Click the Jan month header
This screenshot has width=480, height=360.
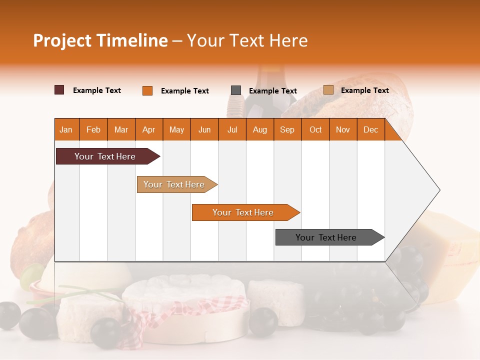(66, 129)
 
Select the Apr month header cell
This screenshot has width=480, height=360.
(149, 129)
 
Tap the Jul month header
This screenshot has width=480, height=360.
(232, 129)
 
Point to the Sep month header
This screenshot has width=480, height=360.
(287, 129)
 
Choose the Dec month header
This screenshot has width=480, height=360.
(370, 129)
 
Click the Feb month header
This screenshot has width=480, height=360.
(93, 129)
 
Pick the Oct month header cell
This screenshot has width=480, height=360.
(315, 129)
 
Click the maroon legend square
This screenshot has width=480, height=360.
(59, 90)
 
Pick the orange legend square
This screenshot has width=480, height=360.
(147, 90)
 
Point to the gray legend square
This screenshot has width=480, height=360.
(236, 90)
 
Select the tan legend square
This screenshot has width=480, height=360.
(328, 90)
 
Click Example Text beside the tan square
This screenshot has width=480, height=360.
(364, 90)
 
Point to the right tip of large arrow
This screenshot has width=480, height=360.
(438, 190)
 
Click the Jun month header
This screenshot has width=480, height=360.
(204, 129)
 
